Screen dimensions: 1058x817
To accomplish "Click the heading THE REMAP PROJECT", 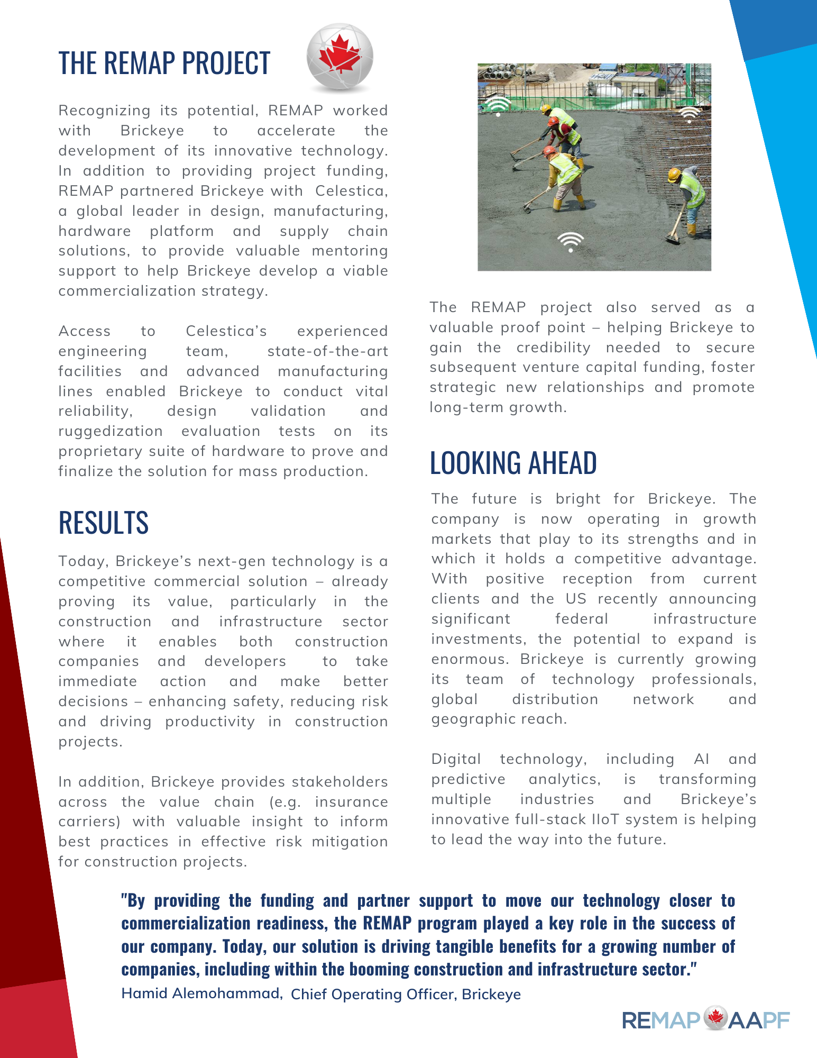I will pos(164,63).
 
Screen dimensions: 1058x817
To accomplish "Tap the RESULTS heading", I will pos(103,523).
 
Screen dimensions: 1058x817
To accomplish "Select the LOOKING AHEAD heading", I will pos(513,463).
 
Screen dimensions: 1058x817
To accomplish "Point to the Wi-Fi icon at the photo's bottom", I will pos(570,241).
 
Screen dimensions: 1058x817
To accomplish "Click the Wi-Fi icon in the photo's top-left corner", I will pos(498,105).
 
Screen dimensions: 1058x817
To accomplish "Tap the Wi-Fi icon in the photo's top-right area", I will pos(689,114).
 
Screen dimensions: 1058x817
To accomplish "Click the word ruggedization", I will pos(111,431).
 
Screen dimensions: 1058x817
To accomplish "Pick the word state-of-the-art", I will pos(327,351).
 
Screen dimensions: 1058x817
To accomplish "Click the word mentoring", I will pos(350,251).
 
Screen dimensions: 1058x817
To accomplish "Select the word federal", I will pos(581,619).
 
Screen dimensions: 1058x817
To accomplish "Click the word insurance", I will pos(351,802).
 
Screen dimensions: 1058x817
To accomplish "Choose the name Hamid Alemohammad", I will pos(201,993).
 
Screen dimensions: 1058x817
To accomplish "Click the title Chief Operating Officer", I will pos(372,995).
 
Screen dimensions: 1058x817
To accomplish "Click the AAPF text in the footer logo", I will pos(759,1020).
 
